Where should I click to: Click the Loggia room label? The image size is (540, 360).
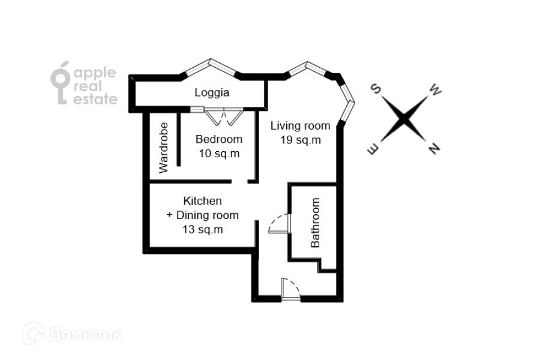212,93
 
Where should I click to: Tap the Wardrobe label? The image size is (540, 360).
163,148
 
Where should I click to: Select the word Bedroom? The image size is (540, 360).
219,139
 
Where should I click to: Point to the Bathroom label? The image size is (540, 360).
316,223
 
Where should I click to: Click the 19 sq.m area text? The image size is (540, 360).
301,140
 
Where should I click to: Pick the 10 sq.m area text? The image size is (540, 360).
219,153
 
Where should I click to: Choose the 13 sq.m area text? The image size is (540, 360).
202,229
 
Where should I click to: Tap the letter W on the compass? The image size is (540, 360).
436,91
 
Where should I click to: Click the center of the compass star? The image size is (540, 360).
405,119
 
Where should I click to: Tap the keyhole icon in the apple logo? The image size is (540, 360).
61,84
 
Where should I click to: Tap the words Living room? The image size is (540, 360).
300,126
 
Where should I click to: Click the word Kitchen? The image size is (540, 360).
202,201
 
